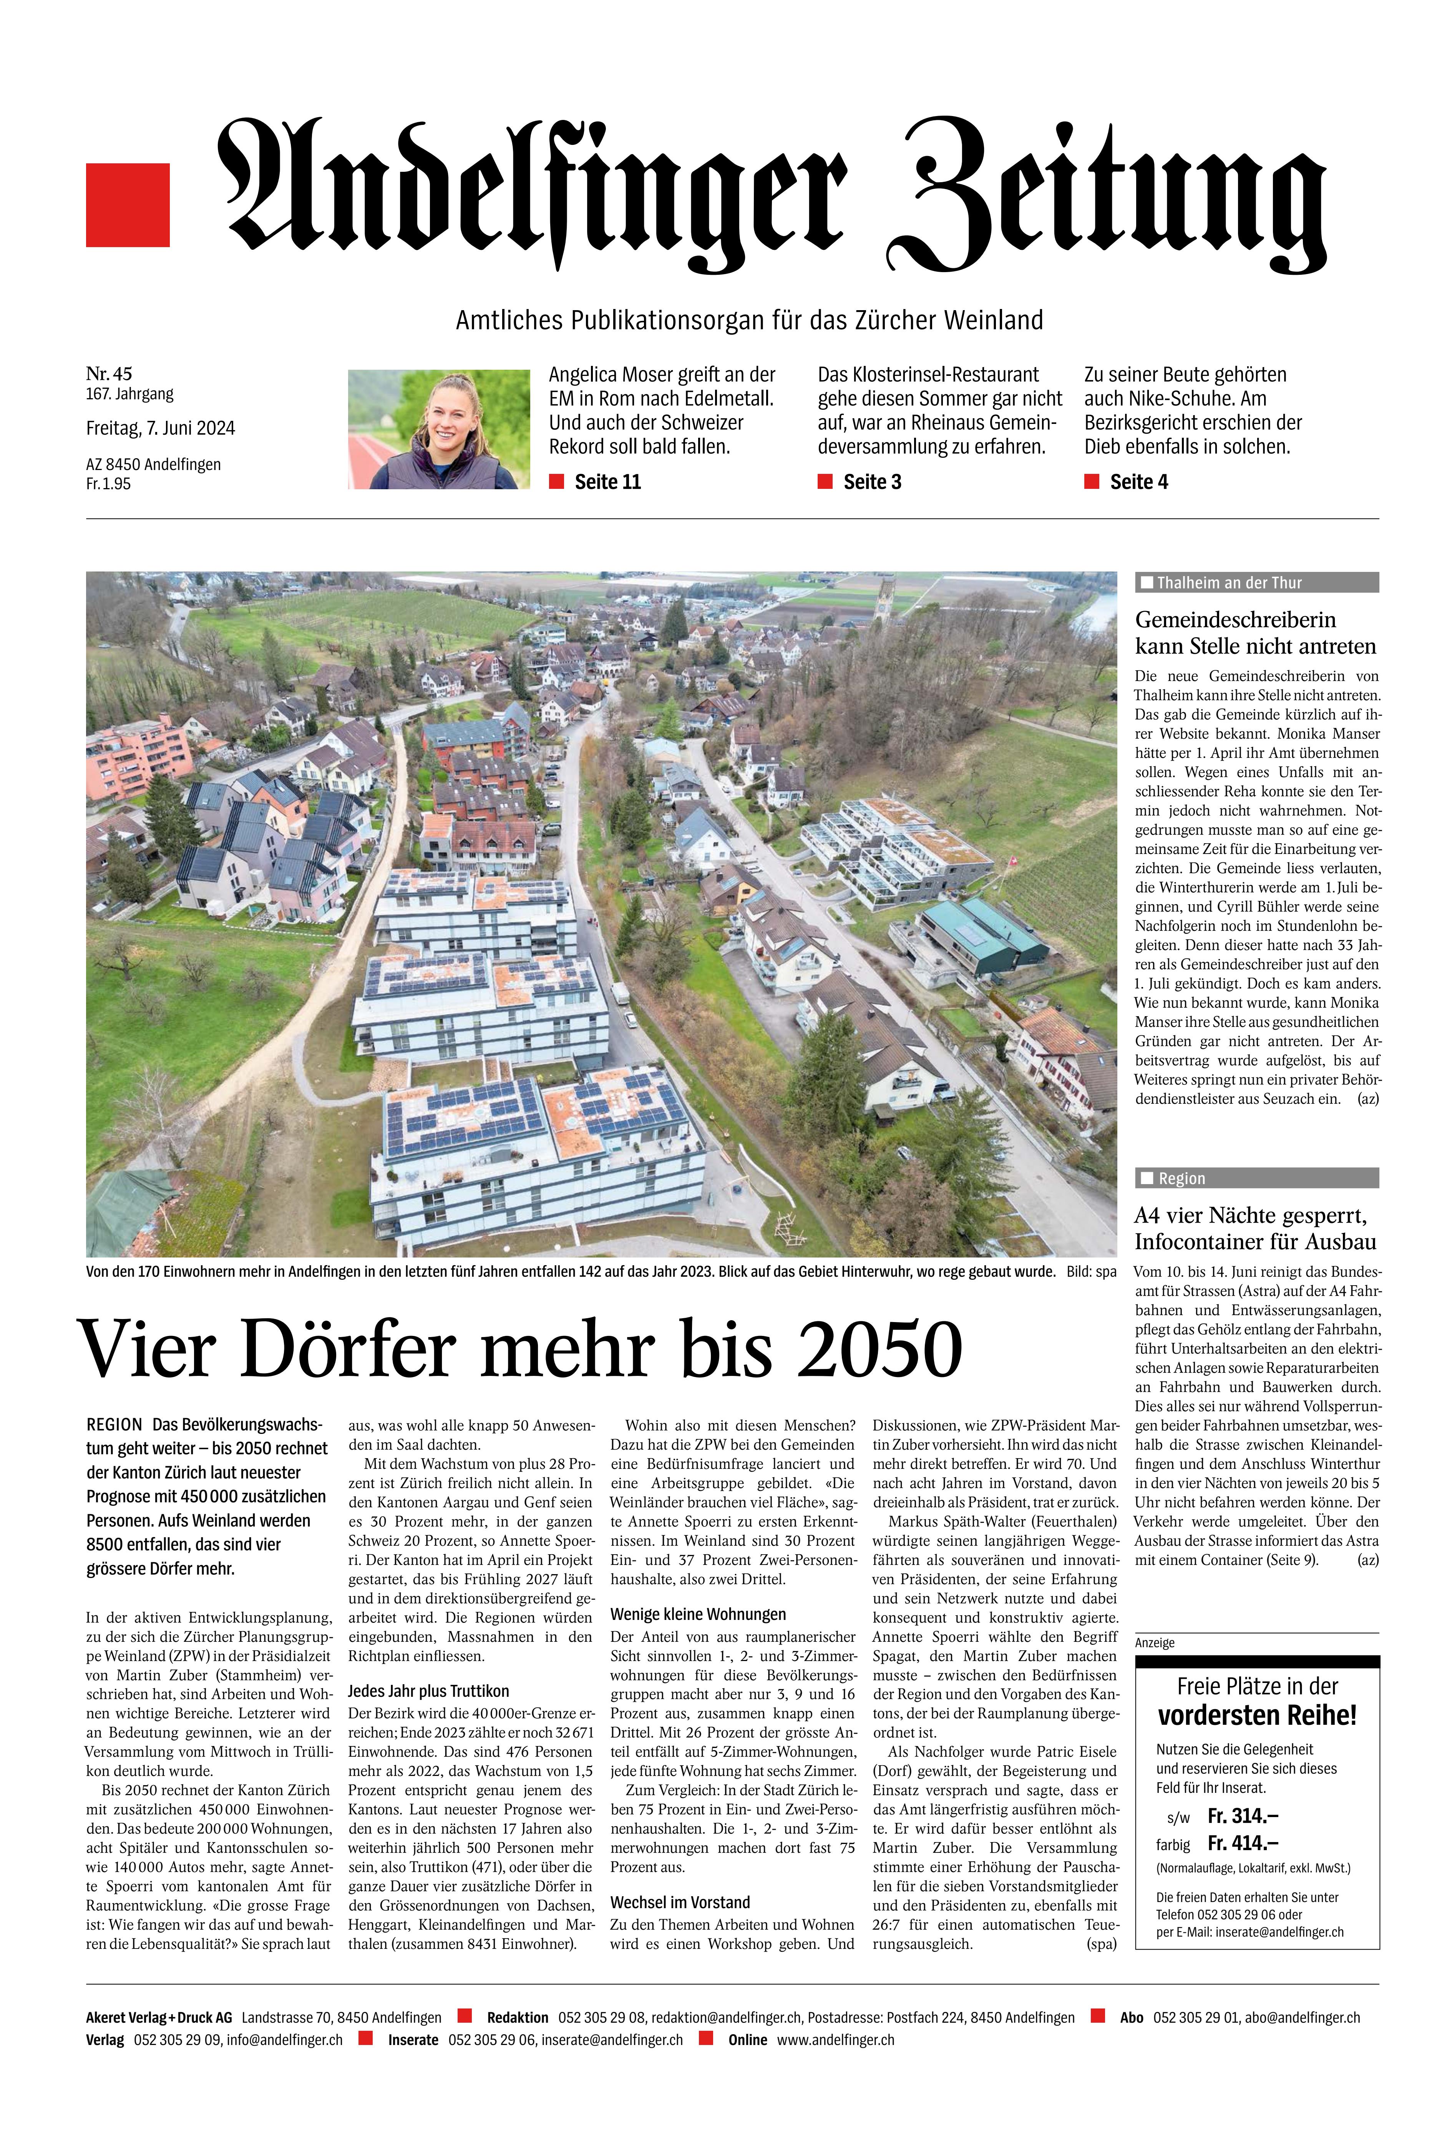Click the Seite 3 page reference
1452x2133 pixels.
872,482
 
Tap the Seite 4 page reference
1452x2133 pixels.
1138,482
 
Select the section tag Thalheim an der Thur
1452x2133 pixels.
1228,583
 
